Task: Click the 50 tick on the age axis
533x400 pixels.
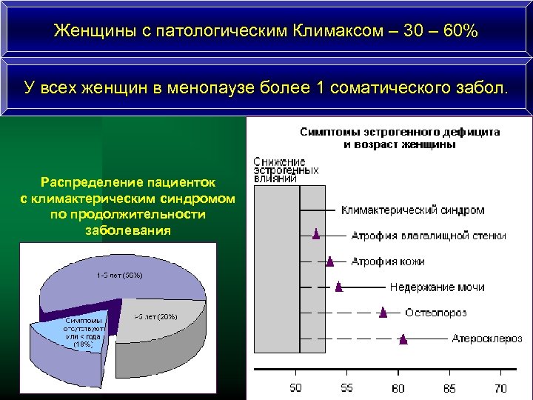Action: pos(295,387)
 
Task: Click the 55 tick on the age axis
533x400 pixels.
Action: pos(346,387)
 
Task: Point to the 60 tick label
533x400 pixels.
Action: pos(398,387)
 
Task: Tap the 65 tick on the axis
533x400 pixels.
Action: pos(449,387)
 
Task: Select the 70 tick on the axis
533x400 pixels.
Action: pos(500,387)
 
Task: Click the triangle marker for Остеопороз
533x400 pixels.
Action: pos(383,312)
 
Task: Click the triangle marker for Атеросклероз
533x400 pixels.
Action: pos(403,339)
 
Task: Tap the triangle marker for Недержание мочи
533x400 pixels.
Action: pos(339,286)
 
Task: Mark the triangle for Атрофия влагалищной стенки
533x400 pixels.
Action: pos(316,235)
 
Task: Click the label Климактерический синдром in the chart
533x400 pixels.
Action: pos(412,210)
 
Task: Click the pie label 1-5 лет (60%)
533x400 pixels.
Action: pos(118,276)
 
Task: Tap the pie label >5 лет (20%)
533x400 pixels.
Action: pos(155,317)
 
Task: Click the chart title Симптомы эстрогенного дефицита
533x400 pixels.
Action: pos(399,132)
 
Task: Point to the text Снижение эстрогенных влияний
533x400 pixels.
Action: pos(285,170)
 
